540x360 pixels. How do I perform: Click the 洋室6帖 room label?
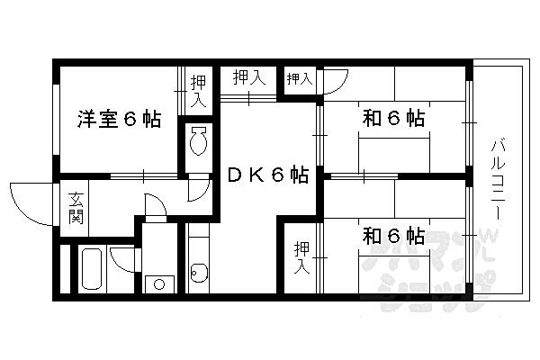tap(119, 119)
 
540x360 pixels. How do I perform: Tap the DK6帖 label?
tap(268, 175)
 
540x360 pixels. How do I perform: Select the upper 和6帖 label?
tap(393, 118)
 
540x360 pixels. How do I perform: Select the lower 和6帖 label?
tap(393, 236)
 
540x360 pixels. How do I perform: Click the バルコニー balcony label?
tap(498, 179)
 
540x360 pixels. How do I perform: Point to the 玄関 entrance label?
tap(76, 208)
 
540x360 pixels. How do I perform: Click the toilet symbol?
tap(198, 140)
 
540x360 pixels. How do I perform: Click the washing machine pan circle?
tap(159, 284)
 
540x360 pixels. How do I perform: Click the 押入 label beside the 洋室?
tap(199, 91)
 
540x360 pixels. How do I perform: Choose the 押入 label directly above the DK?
tap(249, 77)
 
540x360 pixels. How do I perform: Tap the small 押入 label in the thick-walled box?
tap(300, 79)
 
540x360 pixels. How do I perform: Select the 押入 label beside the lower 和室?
tap(302, 257)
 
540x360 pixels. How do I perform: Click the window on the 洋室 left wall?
tap(56, 120)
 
